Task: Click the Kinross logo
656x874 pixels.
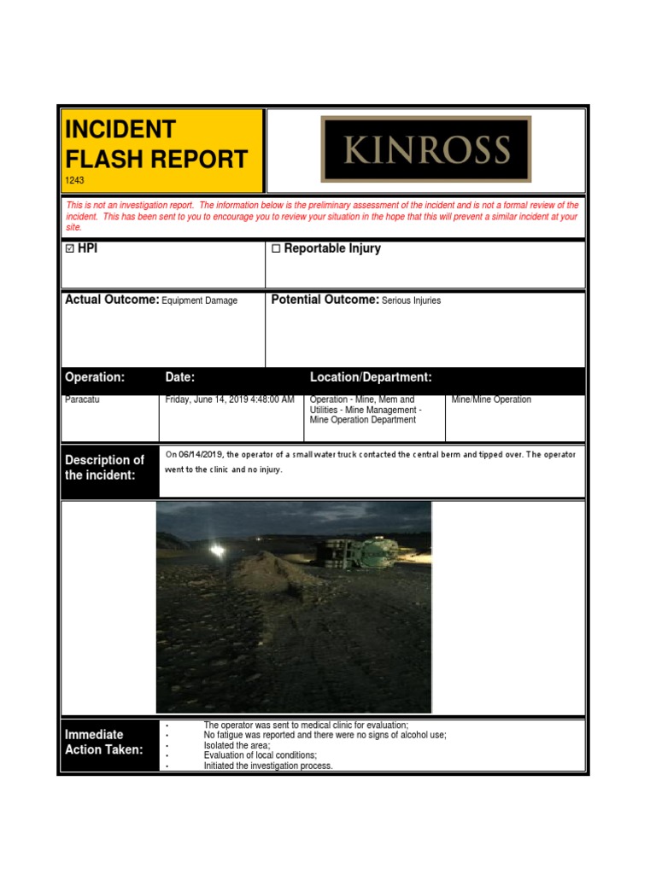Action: tap(425, 149)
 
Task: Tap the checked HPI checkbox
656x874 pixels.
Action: tap(70, 249)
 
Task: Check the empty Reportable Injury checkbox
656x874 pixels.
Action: tap(276, 249)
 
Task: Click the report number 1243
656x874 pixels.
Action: tap(75, 181)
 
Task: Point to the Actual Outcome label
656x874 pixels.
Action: tap(112, 300)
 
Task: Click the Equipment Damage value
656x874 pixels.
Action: tap(199, 300)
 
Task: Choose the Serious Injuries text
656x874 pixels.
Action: tap(411, 300)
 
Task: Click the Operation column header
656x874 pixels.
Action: tap(95, 377)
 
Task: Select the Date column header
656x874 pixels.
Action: tap(180, 377)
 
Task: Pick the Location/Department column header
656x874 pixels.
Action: tap(371, 377)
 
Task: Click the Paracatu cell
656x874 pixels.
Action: tap(82, 399)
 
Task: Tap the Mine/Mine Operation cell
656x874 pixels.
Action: tap(491, 399)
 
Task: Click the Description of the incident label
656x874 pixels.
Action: tap(104, 467)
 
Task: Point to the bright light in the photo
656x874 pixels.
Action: tap(219, 551)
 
